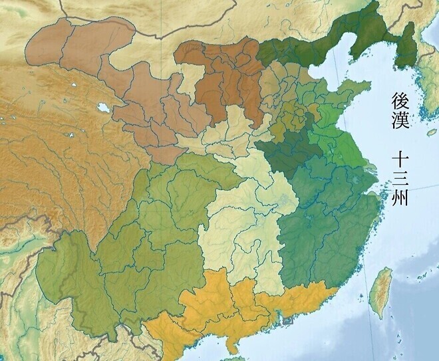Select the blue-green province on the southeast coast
point(319,226)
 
